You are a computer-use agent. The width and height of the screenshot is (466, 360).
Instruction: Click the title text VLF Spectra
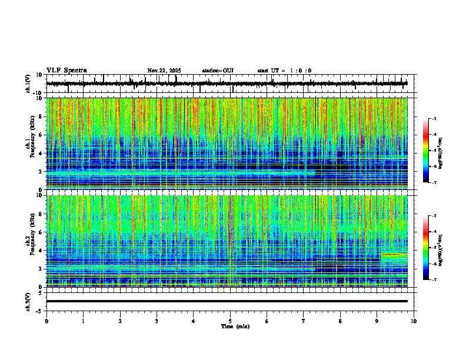pyautogui.click(x=66, y=70)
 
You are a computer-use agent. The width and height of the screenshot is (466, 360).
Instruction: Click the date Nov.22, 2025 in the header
pyautogui.click(x=164, y=71)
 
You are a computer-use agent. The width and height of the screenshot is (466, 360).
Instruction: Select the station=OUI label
pyautogui.click(x=218, y=71)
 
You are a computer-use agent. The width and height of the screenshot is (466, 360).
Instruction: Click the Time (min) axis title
pyautogui.click(x=235, y=326)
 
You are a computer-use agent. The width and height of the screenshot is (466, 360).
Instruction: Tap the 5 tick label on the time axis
pyautogui.click(x=230, y=321)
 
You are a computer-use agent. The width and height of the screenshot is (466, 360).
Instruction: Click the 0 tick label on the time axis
pyautogui.click(x=46, y=321)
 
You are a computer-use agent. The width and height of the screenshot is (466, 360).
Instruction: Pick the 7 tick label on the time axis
pyautogui.click(x=304, y=321)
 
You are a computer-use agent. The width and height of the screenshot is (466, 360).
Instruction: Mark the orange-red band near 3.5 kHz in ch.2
pyautogui.click(x=394, y=255)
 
